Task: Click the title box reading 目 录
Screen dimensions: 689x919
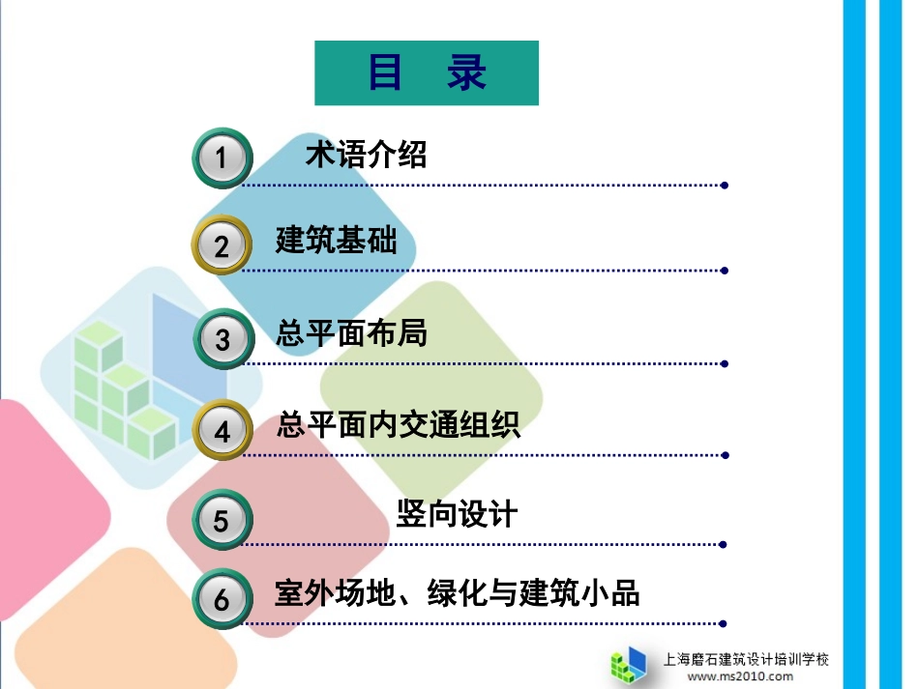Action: click(427, 72)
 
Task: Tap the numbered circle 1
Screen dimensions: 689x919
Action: click(222, 157)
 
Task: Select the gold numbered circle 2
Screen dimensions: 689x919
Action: click(222, 245)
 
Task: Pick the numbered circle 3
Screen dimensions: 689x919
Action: click(222, 339)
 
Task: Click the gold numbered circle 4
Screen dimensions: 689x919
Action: click(222, 430)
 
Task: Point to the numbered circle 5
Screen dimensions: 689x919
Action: click(222, 521)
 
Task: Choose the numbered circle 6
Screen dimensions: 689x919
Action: click(222, 599)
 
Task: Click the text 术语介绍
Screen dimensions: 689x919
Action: click(366, 155)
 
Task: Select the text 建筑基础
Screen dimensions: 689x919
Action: click(336, 241)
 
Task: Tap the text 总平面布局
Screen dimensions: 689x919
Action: click(351, 333)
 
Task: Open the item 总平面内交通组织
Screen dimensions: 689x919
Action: click(399, 424)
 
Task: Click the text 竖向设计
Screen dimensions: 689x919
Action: click(457, 515)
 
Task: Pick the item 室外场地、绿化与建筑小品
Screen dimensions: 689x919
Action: click(458, 593)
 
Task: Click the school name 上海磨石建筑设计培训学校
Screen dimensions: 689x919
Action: click(746, 660)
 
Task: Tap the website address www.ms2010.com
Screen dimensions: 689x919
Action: click(740, 676)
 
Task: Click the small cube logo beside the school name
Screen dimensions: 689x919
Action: click(629, 665)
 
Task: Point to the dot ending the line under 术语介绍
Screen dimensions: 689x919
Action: click(725, 185)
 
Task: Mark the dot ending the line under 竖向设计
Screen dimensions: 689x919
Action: click(725, 544)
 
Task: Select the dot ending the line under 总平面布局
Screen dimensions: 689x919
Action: click(725, 364)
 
